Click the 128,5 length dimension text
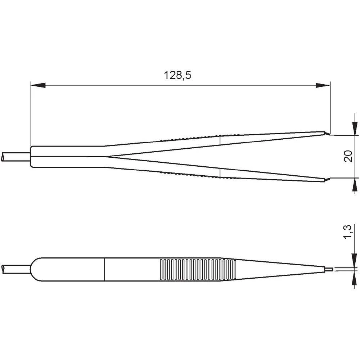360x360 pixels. pyautogui.click(x=177, y=76)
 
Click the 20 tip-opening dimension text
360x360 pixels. pyautogui.click(x=348, y=156)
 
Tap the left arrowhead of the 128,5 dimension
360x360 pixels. pyautogui.click(x=38, y=86)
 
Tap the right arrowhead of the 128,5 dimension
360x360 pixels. pyautogui.click(x=323, y=86)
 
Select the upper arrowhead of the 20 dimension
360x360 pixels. pyautogui.click(x=355, y=128)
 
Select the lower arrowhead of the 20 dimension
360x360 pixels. pyautogui.click(x=355, y=185)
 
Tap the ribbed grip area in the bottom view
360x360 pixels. pyautogui.click(x=197, y=269)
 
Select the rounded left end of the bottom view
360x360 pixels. pyautogui.click(x=34, y=269)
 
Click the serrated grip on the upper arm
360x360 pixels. pyautogui.click(x=191, y=137)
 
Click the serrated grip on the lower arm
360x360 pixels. pyautogui.click(x=191, y=175)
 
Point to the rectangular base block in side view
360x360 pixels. pyautogui.click(x=67, y=157)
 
